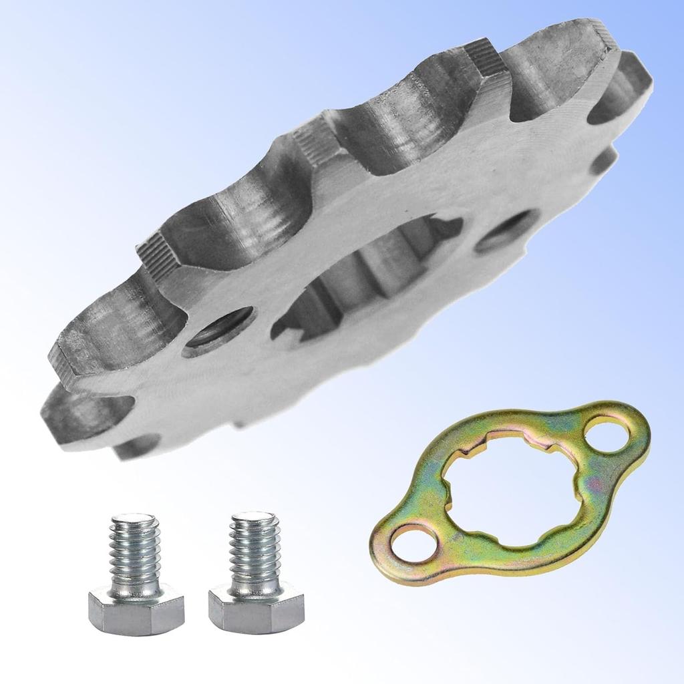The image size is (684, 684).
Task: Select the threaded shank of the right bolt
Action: click(255, 553)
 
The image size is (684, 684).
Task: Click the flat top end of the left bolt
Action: click(134, 518)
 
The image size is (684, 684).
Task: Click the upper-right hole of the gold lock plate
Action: click(607, 436)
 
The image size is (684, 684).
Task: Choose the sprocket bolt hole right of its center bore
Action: click(508, 231)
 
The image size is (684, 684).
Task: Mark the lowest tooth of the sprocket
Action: click(134, 448)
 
